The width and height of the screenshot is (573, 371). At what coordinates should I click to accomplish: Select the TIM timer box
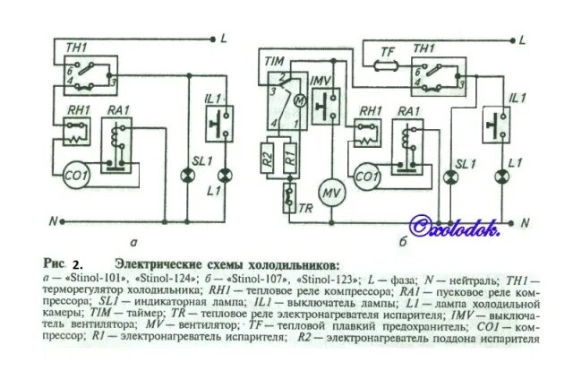click(x=284, y=108)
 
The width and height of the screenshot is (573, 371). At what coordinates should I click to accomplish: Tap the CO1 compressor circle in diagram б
click(x=364, y=176)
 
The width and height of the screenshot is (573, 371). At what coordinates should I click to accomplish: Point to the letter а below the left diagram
click(x=132, y=241)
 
